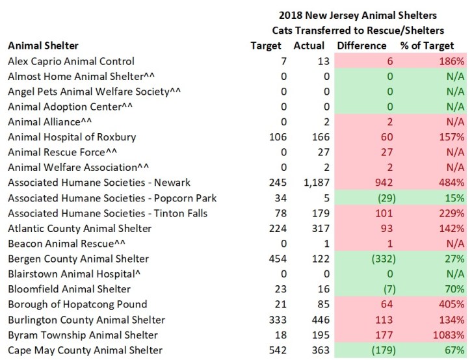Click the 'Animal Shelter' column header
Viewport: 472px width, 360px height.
(x=42, y=45)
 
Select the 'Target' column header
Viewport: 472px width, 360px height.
(x=266, y=45)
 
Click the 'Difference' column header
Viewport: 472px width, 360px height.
(x=361, y=45)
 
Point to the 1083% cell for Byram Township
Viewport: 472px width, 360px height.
(x=449, y=335)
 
